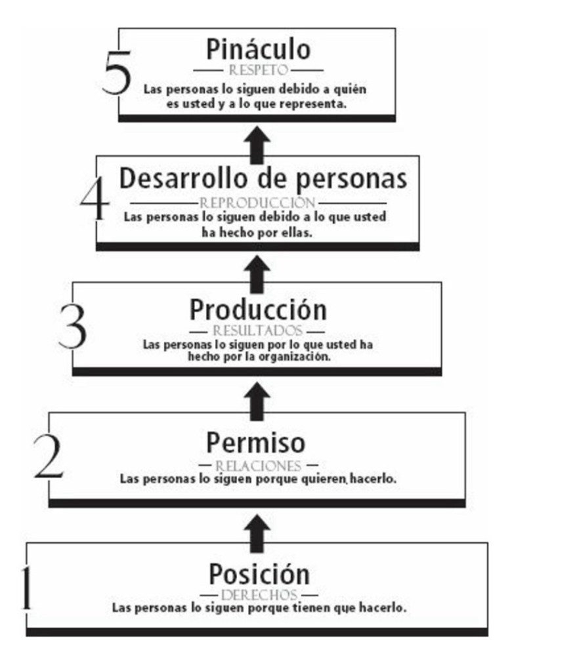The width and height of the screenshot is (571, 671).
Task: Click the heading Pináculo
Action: tap(257, 50)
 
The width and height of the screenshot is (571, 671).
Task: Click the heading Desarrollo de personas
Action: tap(263, 178)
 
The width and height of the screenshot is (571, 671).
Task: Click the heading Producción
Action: tap(257, 309)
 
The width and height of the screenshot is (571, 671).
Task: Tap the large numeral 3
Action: tap(72, 325)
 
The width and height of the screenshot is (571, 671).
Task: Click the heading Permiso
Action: tap(256, 443)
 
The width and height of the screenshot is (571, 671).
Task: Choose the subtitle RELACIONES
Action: tap(258, 466)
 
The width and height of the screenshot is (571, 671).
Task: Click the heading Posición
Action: tap(259, 575)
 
